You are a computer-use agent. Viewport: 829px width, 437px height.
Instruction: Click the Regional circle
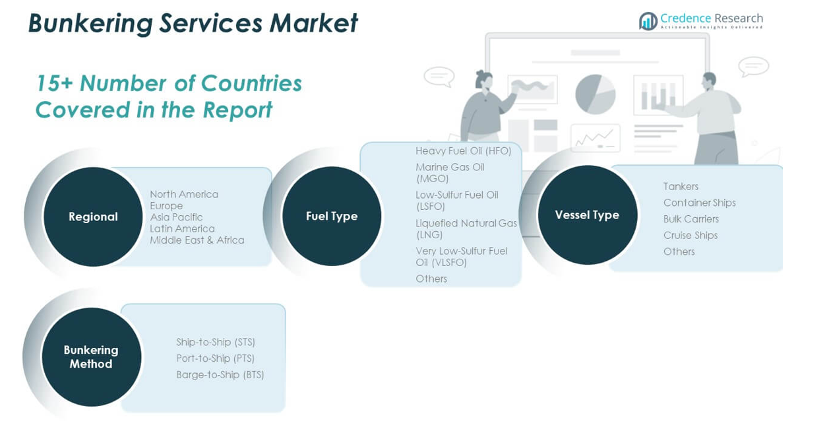click(93, 217)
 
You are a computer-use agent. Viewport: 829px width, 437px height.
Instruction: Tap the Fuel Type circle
click(332, 216)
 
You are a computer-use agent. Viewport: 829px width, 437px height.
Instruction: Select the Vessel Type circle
click(587, 215)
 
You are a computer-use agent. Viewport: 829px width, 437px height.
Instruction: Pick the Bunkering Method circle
click(91, 357)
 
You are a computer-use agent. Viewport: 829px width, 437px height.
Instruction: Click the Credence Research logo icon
click(648, 21)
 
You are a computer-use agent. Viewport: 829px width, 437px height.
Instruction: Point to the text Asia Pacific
click(176, 217)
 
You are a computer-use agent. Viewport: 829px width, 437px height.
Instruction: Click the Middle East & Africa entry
click(197, 240)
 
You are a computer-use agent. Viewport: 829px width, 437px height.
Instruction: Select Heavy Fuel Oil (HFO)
click(463, 151)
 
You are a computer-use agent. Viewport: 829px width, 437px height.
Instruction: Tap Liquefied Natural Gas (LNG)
click(466, 228)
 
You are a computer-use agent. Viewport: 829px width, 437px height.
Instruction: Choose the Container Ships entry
click(699, 203)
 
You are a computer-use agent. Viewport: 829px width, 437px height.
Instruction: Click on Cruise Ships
click(690, 235)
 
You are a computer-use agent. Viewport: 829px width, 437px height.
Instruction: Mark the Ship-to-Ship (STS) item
click(215, 342)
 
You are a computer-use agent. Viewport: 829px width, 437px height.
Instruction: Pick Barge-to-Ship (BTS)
click(220, 375)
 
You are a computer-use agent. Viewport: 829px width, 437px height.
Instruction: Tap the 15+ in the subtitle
click(54, 84)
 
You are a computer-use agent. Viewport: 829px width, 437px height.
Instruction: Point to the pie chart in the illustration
click(595, 94)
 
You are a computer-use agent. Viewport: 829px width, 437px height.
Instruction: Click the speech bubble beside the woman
click(439, 76)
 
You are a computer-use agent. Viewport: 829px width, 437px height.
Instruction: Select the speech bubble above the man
click(753, 67)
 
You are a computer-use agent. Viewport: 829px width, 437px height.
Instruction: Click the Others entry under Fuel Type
click(431, 279)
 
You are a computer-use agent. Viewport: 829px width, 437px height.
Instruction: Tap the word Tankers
click(681, 187)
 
